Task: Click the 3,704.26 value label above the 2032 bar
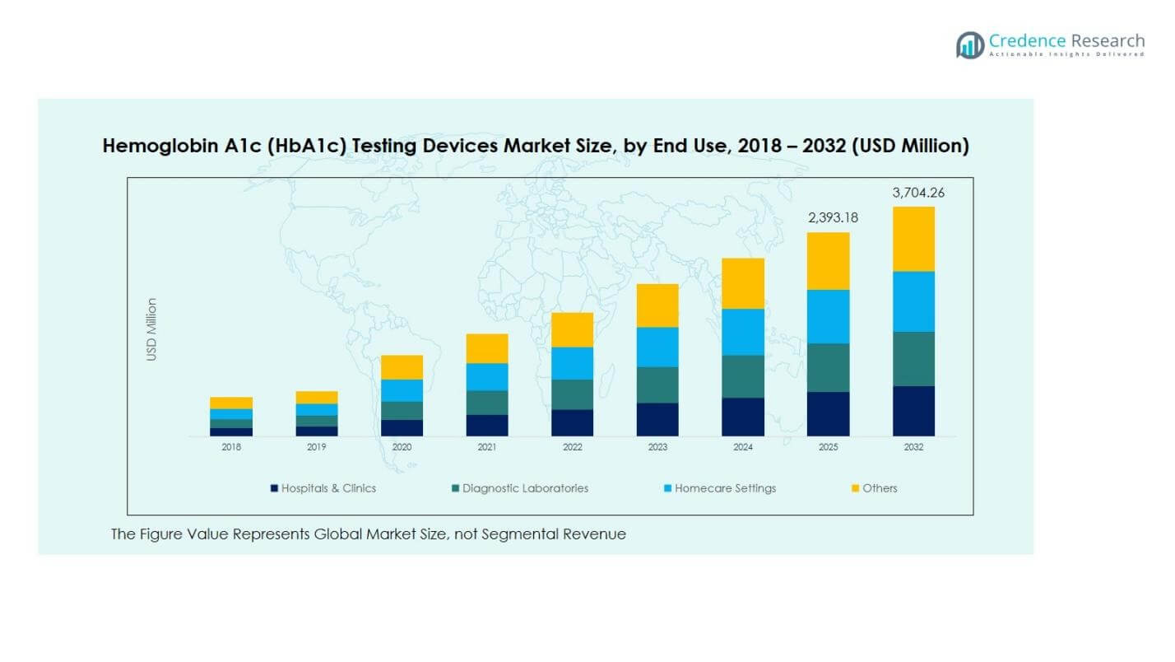pyautogui.click(x=918, y=193)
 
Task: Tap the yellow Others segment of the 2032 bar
pyautogui.click(x=913, y=239)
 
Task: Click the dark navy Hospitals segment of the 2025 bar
pyautogui.click(x=828, y=413)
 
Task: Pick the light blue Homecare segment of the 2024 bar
pyautogui.click(x=743, y=332)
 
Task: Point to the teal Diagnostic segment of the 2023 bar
pyautogui.click(x=657, y=385)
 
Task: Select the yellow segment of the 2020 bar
pyautogui.click(x=402, y=367)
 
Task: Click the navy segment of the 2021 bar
pyautogui.click(x=487, y=425)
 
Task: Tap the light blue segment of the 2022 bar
pyautogui.click(x=572, y=363)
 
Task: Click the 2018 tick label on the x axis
pyautogui.click(x=231, y=448)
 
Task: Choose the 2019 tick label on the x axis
pyautogui.click(x=317, y=448)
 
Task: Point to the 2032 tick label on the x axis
pyautogui.click(x=913, y=448)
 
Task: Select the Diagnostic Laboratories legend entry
pyautogui.click(x=525, y=488)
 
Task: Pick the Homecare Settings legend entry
pyautogui.click(x=725, y=488)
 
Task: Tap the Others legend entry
pyautogui.click(x=880, y=488)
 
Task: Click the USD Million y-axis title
pyautogui.click(x=151, y=329)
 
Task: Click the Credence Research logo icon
pyautogui.click(x=970, y=44)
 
